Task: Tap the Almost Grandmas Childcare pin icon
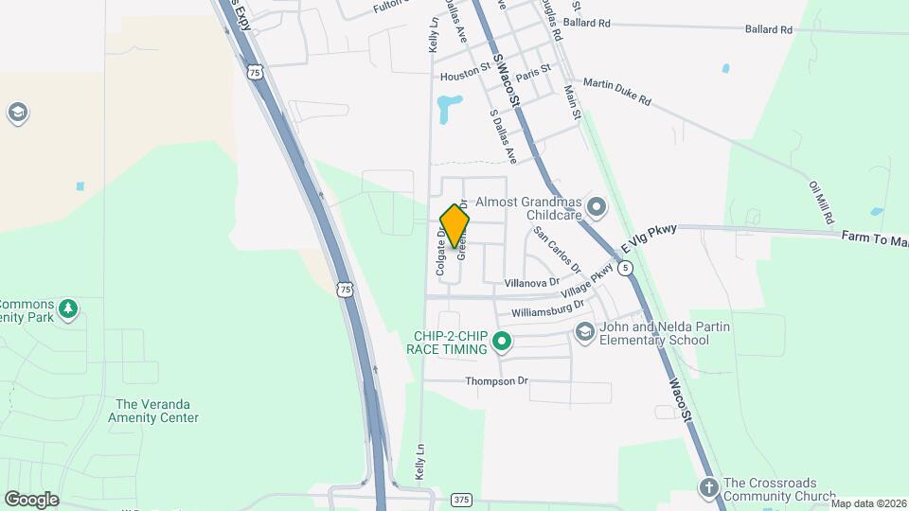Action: (597, 205)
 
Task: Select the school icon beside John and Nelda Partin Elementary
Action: (585, 331)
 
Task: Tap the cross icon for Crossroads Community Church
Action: (708, 488)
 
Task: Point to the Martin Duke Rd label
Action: (617, 92)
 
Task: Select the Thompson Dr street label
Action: (496, 381)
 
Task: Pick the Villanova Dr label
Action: (531, 282)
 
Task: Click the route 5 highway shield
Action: (626, 269)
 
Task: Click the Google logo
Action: (31, 499)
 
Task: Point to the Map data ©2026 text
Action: (867, 503)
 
